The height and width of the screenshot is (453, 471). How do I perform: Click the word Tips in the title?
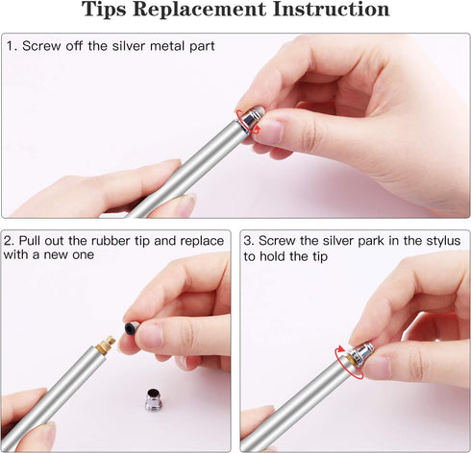click(x=110, y=11)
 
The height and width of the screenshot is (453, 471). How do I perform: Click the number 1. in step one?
click(x=12, y=46)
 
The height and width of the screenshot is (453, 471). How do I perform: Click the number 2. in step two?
click(x=12, y=240)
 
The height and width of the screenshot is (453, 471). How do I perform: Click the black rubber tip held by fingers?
click(x=131, y=328)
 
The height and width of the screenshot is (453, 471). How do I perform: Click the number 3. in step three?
click(x=249, y=240)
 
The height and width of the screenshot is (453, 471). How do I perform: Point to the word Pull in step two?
click(x=36, y=240)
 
